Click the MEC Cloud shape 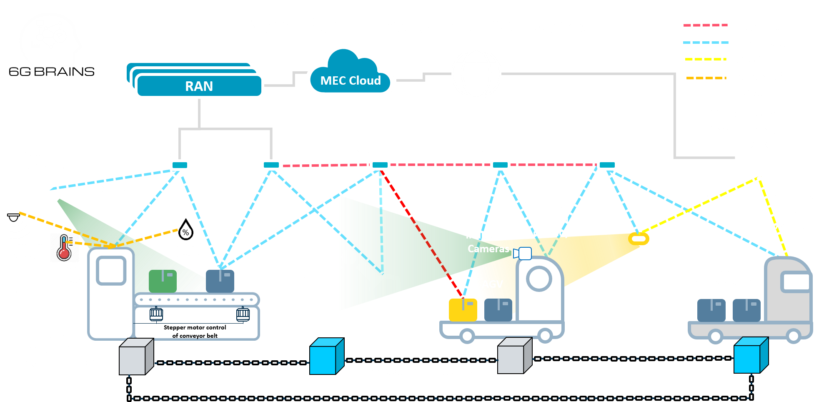click(x=350, y=75)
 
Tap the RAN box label click(x=199, y=86)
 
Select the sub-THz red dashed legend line click(x=705, y=25)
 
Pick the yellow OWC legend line click(x=705, y=60)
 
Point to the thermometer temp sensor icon click(x=64, y=248)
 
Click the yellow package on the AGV click(x=463, y=309)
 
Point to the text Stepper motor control click(x=195, y=328)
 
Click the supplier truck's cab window click(x=795, y=282)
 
